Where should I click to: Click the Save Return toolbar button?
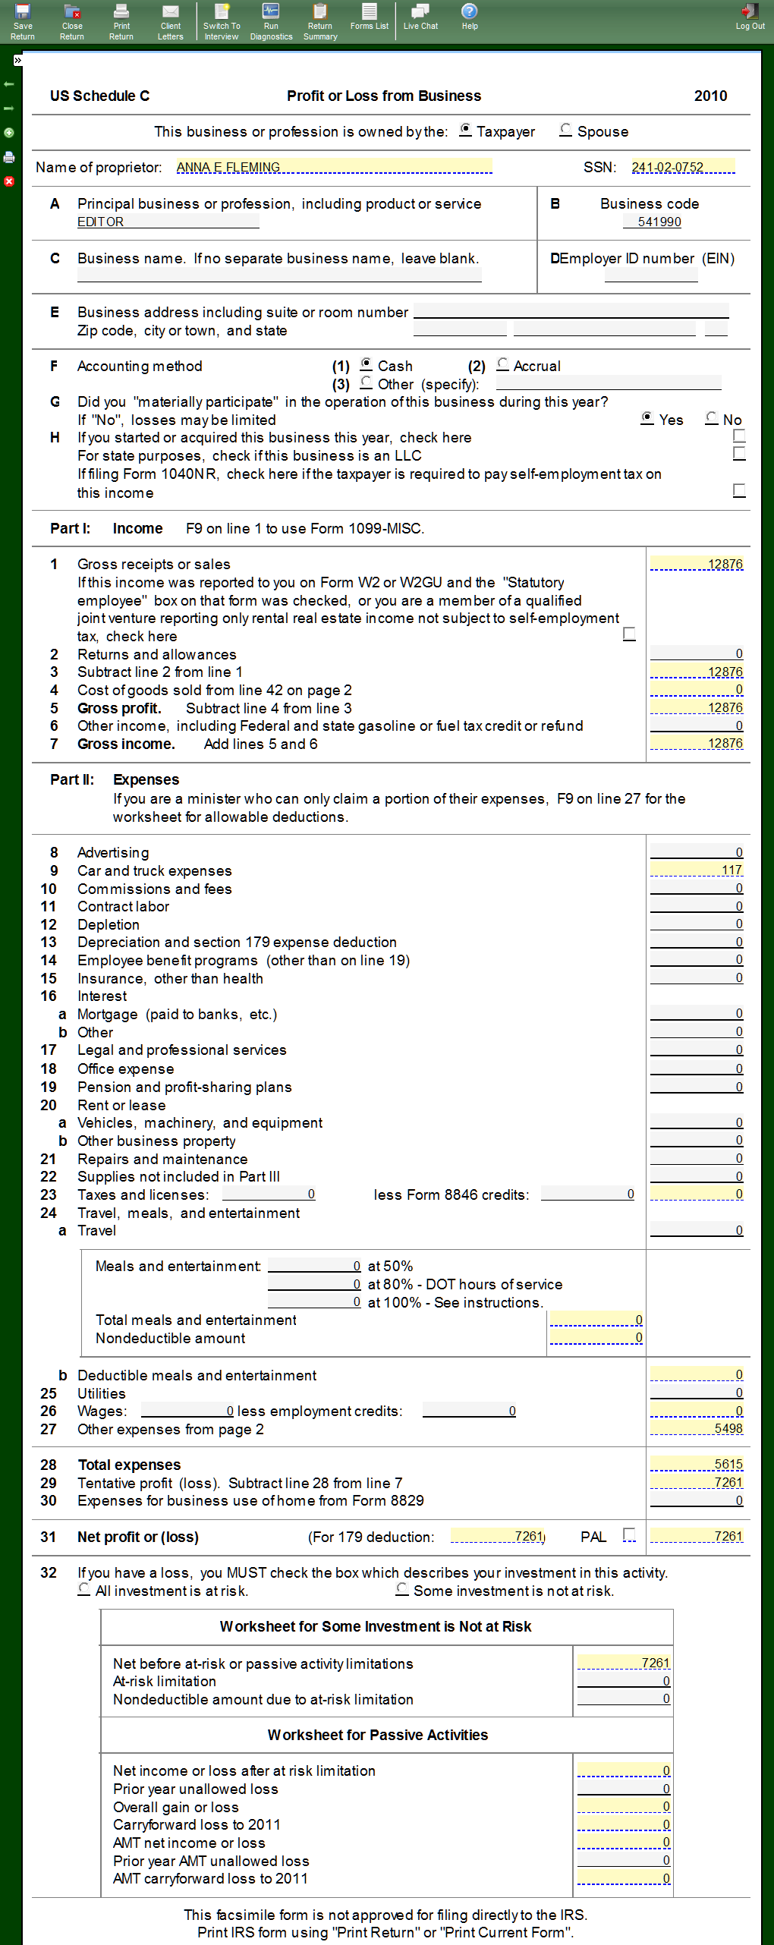click(23, 20)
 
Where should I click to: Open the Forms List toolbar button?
click(369, 17)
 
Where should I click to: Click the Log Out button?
click(750, 17)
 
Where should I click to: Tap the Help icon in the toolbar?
click(470, 17)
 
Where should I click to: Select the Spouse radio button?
click(565, 130)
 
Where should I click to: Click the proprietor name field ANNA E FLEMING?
click(334, 167)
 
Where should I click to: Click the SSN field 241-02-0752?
click(682, 167)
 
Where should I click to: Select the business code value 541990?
click(659, 222)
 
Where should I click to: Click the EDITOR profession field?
click(168, 222)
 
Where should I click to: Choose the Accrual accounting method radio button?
click(502, 364)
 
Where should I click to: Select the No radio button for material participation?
click(711, 418)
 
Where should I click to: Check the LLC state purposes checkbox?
click(739, 454)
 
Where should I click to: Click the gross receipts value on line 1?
click(696, 564)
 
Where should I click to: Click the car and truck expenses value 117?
click(696, 870)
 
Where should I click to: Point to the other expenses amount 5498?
click(696, 1428)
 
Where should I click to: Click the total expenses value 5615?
click(696, 1464)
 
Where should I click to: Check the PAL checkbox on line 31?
click(628, 1534)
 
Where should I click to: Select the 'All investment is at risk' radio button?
click(84, 1589)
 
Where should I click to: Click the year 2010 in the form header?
click(710, 96)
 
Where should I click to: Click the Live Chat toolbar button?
click(420, 17)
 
